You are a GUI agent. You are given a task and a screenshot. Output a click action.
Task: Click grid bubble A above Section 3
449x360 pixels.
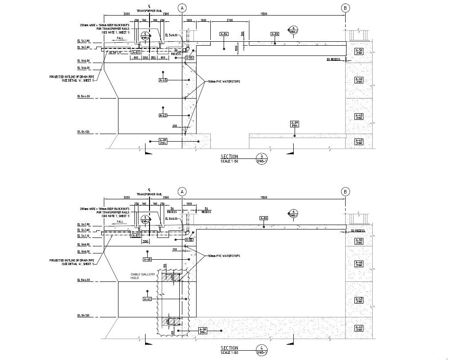(182, 8)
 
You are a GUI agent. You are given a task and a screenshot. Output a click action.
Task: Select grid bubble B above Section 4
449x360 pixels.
(346, 192)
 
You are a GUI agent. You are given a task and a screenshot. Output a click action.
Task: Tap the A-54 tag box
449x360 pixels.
(224, 34)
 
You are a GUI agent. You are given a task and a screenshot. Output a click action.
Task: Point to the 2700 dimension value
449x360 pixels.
(230, 20)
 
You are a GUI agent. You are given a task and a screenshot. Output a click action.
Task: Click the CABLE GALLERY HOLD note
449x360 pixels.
(143, 276)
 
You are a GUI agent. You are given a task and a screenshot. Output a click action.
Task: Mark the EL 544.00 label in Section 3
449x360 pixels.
(83, 96)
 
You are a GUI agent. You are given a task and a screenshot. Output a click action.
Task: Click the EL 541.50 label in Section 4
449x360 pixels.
(83, 316)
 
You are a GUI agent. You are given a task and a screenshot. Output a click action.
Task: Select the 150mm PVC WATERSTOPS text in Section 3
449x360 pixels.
(222, 81)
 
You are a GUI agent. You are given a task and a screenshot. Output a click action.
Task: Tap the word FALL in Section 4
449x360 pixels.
(120, 221)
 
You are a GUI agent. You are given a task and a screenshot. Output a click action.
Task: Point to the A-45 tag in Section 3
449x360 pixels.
(163, 80)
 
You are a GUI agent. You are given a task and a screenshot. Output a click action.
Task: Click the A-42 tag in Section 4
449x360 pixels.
(147, 299)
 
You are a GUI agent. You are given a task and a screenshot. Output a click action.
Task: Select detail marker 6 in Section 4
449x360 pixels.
(293, 212)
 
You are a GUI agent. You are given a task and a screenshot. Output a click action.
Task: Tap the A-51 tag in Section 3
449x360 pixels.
(136, 52)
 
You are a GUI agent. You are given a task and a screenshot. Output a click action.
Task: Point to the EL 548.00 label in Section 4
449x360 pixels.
(171, 218)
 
